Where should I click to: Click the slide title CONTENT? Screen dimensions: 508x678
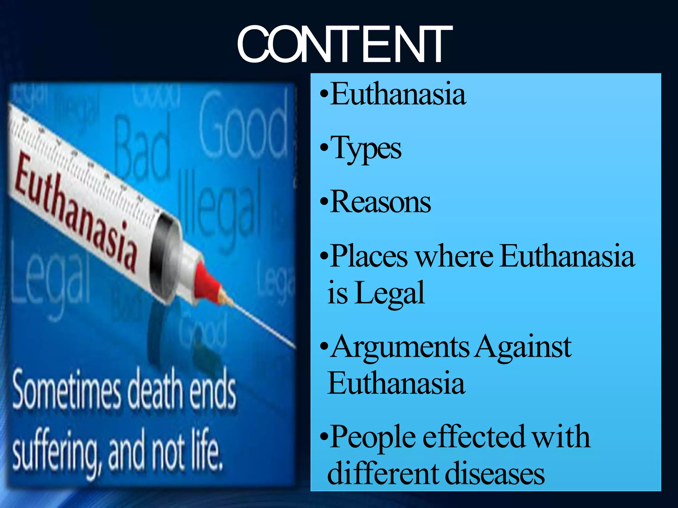344,44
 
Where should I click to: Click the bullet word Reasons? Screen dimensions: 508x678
381,202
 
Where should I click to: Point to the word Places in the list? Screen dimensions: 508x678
369,256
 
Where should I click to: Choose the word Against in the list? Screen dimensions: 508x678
523,347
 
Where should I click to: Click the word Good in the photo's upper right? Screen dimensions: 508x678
243,127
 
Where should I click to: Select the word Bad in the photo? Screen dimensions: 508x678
142,149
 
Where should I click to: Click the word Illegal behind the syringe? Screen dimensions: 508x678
220,205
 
